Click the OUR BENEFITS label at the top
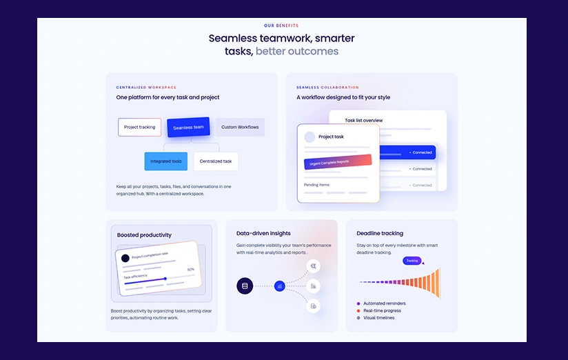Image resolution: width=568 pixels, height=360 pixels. [281, 26]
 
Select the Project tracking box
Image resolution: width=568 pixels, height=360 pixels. [139, 127]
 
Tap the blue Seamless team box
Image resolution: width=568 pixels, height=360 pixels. [188, 127]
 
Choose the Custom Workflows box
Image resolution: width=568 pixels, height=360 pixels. [240, 127]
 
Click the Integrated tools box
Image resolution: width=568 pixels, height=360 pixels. [165, 161]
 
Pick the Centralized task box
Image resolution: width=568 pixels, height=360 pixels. [216, 161]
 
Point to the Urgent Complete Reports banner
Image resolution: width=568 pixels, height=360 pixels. [337, 162]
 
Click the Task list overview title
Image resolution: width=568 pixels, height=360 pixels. [364, 121]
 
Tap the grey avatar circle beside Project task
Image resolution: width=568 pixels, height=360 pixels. [310, 137]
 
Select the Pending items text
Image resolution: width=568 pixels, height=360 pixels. [316, 185]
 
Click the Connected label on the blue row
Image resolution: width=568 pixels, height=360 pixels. [420, 152]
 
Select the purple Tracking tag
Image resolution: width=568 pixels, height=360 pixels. [412, 261]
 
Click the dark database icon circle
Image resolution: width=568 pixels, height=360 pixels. [245, 286]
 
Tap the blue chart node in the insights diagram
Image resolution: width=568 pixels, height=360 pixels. [279, 286]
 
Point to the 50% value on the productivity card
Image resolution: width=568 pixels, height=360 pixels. [191, 270]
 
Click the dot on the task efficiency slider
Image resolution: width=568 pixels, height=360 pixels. [165, 279]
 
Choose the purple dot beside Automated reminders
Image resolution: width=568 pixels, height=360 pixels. [358, 303]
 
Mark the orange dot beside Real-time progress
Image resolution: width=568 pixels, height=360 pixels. [358, 311]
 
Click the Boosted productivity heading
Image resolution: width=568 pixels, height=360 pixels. [144, 235]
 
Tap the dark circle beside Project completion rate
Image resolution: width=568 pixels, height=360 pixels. [125, 258]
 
